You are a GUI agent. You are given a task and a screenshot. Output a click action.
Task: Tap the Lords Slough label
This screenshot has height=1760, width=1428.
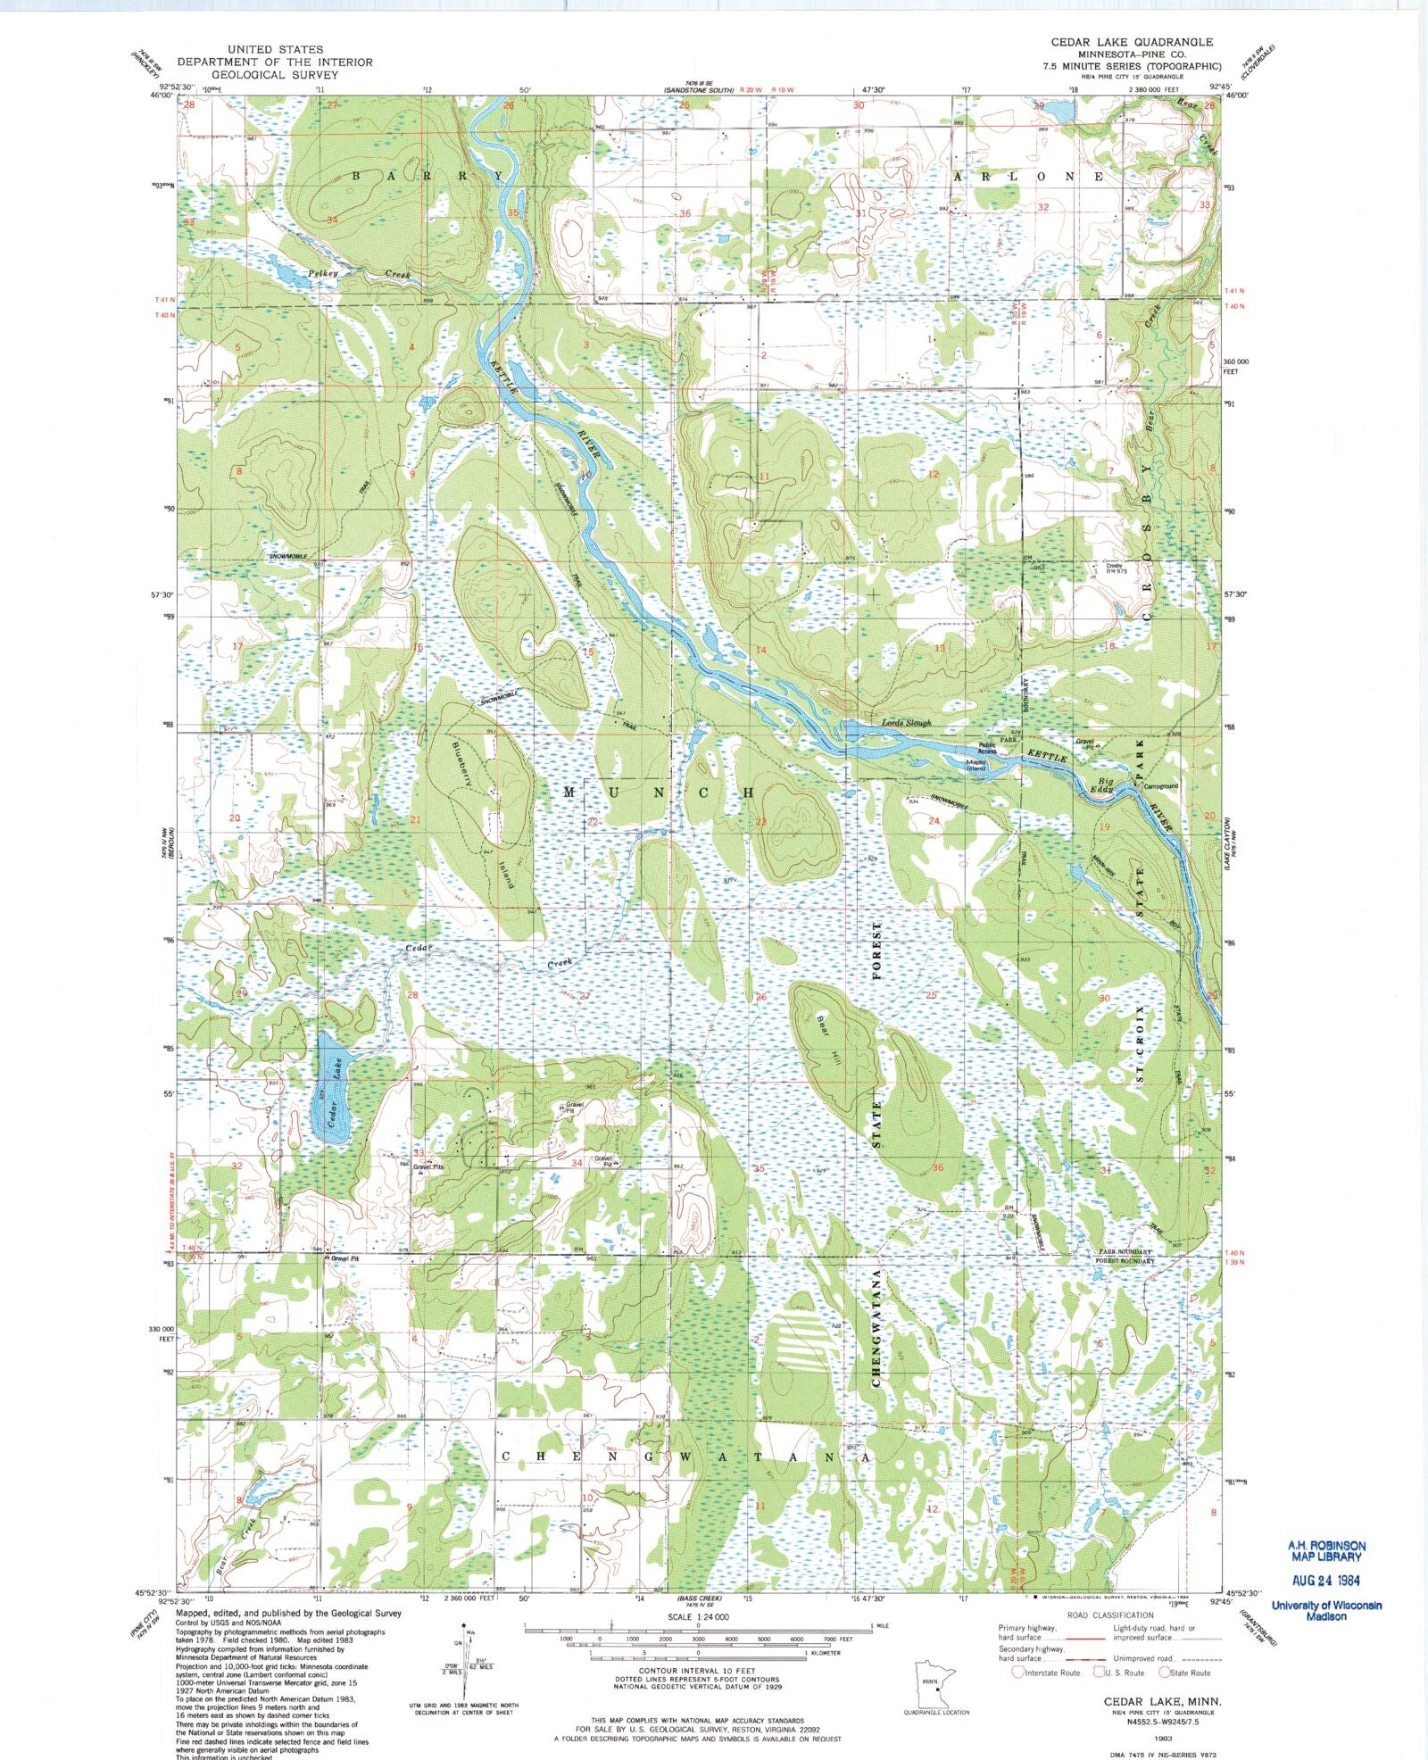tap(906, 723)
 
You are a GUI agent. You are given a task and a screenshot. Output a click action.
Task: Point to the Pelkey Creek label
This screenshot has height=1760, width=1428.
tap(357, 274)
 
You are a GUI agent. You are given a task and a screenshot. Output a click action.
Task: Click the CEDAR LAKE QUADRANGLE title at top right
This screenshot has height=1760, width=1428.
tap(1132, 42)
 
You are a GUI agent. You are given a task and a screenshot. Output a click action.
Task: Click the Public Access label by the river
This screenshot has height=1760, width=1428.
tap(986, 748)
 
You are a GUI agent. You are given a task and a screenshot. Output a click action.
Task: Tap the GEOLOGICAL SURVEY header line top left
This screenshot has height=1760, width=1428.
tap(274, 75)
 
